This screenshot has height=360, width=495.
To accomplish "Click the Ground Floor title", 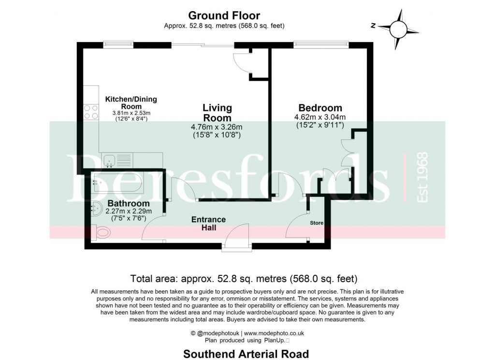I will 224,16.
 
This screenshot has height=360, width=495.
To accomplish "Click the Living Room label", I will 217,113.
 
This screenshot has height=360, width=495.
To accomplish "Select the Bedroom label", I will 320,108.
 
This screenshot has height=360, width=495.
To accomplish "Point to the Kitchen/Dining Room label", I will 131,103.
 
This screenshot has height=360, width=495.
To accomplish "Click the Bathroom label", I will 128,203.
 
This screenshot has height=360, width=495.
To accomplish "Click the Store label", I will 317,223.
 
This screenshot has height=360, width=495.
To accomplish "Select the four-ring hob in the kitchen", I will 91,112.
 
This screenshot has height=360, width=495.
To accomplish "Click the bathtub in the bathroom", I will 116,182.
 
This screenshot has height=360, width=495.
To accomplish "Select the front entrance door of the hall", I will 237,238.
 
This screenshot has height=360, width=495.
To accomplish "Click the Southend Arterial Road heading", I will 246,354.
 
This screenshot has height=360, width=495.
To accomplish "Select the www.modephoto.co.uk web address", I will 274,333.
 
